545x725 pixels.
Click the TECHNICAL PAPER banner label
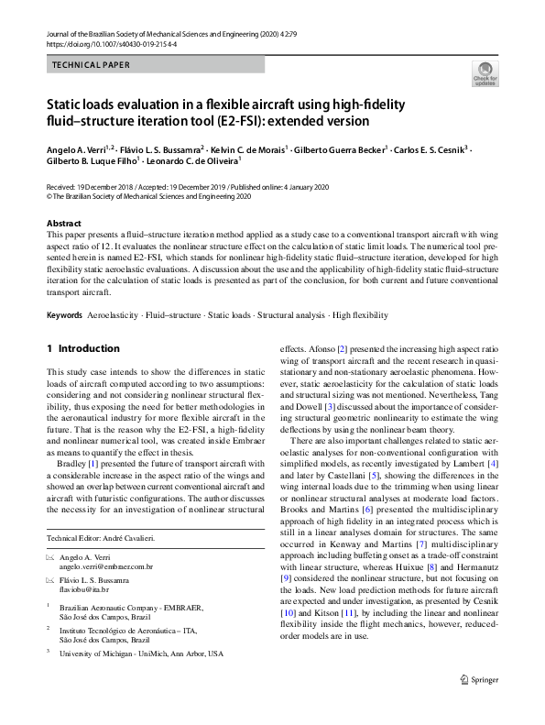91,65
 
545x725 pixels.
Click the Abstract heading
64,224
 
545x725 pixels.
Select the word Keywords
64,314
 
